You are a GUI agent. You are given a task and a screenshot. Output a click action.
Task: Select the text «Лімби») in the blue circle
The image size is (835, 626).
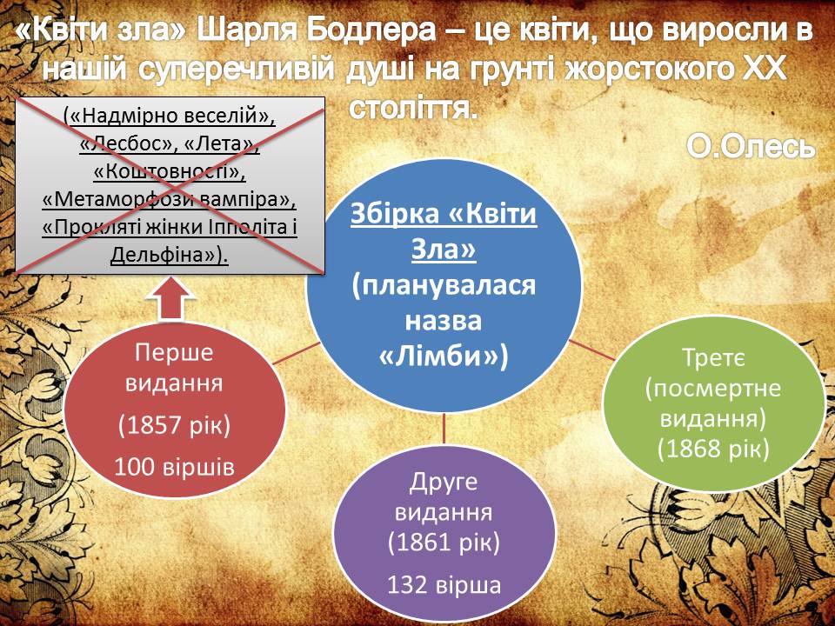(444, 358)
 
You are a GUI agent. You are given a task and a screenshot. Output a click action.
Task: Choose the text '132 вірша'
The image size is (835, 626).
(444, 584)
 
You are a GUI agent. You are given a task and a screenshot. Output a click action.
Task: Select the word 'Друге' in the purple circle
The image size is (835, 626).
(444, 483)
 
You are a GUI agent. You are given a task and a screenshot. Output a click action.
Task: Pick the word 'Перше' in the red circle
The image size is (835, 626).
(174, 353)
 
